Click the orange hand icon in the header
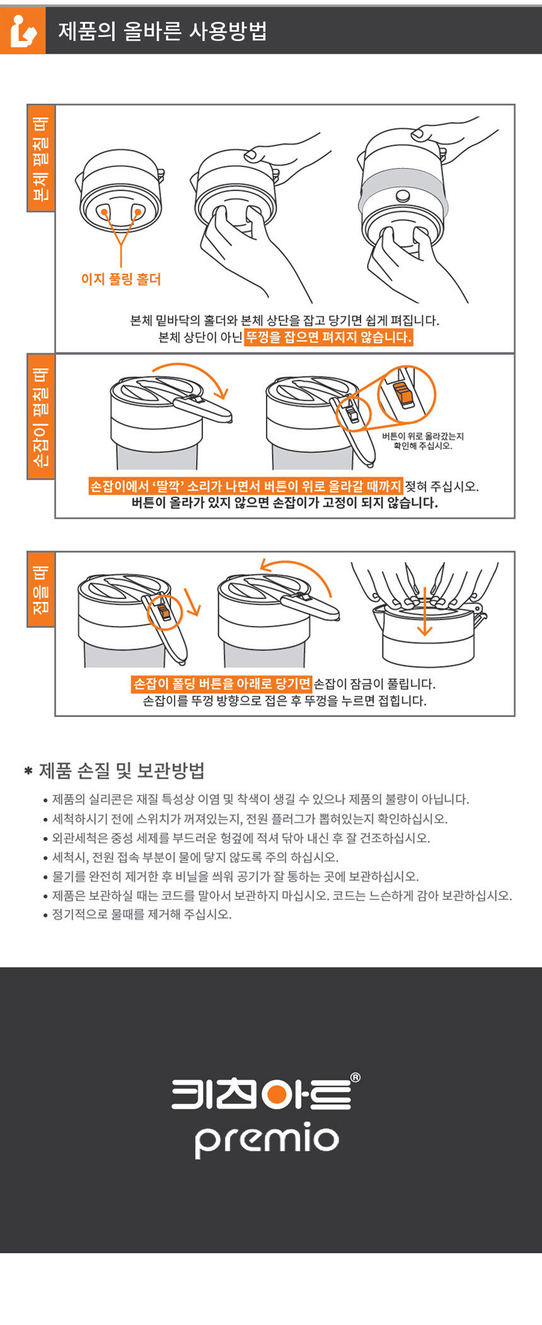[23, 30]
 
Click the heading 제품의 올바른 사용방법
[163, 31]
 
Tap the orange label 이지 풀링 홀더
[121, 279]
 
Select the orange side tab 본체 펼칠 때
[41, 158]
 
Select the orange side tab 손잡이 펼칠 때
[41, 416]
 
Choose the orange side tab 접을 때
[41, 589]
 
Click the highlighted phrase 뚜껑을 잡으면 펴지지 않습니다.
[328, 337]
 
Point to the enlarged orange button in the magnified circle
[403, 395]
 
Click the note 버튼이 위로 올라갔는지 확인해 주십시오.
[422, 441]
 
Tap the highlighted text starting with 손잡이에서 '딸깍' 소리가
[245, 486]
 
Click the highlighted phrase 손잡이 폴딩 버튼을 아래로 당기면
[222, 683]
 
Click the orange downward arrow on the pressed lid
[425, 611]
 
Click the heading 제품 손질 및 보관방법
[122, 770]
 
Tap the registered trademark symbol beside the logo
[355, 1078]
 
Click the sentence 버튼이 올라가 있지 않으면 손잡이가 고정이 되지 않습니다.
[285, 503]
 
